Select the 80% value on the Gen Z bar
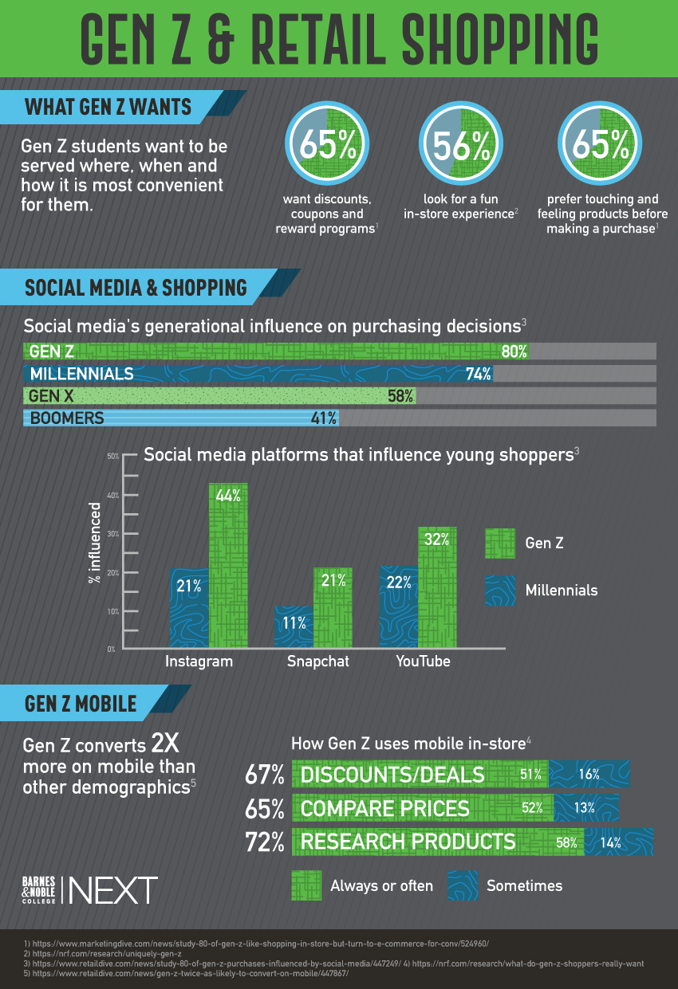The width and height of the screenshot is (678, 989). pos(513,351)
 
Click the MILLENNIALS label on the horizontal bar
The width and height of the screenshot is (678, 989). pos(81,374)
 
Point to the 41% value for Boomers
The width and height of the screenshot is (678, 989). pos(323,418)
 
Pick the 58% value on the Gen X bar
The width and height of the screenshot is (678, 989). pos(400,395)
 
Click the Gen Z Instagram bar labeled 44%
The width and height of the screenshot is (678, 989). pos(228,566)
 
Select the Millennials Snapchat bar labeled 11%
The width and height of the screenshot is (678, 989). pos(294,626)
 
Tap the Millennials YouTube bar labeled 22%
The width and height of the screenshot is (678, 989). pos(399,606)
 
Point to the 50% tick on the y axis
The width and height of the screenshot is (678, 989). pos(112,456)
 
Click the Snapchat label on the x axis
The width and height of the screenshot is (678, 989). pos(317,661)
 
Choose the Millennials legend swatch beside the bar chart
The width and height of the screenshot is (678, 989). pos(500,591)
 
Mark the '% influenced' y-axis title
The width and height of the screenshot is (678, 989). pos(95,543)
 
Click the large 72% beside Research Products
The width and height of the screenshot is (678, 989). pos(265,842)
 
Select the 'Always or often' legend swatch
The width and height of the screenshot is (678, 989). pos(306,885)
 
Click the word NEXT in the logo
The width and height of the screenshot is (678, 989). pos(113,889)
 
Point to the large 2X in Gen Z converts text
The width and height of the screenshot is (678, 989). pos(166,745)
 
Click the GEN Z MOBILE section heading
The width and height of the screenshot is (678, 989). pos(81,704)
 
